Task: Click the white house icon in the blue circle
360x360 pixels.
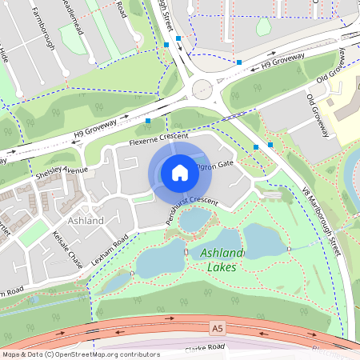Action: pyautogui.click(x=179, y=173)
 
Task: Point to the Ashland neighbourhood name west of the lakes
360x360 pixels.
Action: pyautogui.click(x=86, y=220)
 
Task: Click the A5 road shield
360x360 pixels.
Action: pyautogui.click(x=218, y=327)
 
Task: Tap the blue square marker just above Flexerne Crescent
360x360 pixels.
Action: pyautogui.click(x=148, y=121)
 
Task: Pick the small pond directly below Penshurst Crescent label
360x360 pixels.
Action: pyautogui.click(x=195, y=221)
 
